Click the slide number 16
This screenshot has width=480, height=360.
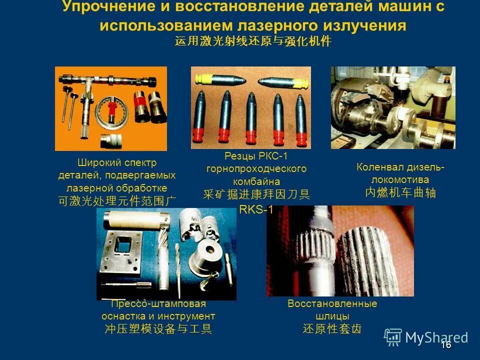[446, 344]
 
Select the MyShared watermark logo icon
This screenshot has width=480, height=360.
[393, 337]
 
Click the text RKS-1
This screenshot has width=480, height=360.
[256, 209]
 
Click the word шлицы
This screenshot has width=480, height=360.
[332, 316]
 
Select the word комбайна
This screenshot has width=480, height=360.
[256, 181]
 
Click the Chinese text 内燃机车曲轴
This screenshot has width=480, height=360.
[400, 192]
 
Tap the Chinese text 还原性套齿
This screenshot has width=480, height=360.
[332, 329]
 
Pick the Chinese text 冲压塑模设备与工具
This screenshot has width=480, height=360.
[158, 329]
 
